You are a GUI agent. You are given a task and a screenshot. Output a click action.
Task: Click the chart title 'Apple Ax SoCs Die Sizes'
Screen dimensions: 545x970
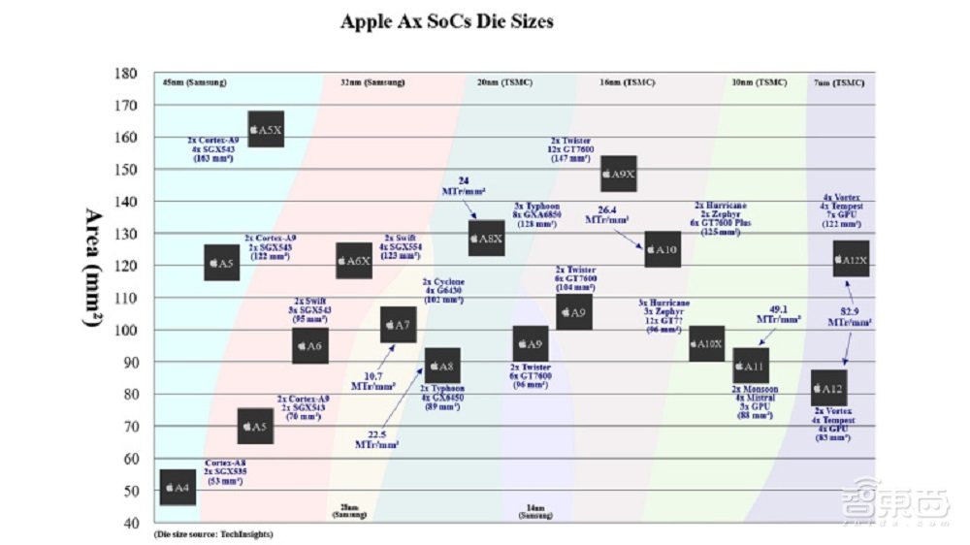pyautogui.click(x=447, y=20)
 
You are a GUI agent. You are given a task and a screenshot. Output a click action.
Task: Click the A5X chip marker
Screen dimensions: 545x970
pyautogui.click(x=266, y=129)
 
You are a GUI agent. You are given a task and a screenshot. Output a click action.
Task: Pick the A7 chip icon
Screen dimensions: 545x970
pyautogui.click(x=399, y=324)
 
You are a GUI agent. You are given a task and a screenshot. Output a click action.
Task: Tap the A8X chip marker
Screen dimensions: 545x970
pyautogui.click(x=486, y=238)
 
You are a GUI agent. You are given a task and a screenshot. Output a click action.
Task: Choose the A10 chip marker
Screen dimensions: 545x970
pyautogui.click(x=663, y=249)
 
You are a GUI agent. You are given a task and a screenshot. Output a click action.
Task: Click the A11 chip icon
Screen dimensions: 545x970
pyautogui.click(x=750, y=366)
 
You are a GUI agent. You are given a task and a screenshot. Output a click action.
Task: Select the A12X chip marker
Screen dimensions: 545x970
pyautogui.click(x=851, y=259)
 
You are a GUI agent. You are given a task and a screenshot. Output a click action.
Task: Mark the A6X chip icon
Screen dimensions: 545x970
pyautogui.click(x=354, y=261)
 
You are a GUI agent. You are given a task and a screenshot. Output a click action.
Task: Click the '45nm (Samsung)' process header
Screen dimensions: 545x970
pyautogui.click(x=194, y=82)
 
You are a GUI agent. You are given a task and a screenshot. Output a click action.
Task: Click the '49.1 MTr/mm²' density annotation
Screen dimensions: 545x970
pyautogui.click(x=778, y=313)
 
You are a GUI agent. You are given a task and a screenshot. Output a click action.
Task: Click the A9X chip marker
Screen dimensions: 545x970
pyautogui.click(x=618, y=174)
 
